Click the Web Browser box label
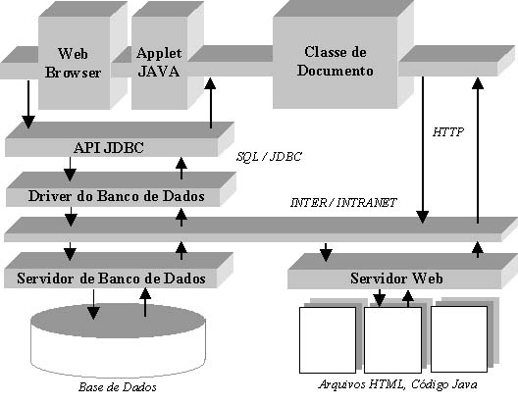[73, 63]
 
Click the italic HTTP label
[448, 132]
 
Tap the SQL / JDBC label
[269, 157]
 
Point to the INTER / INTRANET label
[343, 202]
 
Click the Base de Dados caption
[118, 386]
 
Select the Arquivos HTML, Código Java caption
[397, 384]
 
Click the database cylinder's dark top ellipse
[118, 321]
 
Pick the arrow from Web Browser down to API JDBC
[28, 104]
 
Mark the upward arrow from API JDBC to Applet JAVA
[210, 103]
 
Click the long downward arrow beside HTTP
[423, 150]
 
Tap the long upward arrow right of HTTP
[478, 150]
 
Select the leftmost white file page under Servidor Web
[328, 340]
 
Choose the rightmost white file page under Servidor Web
[459, 339]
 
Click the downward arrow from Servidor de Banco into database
[93, 304]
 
